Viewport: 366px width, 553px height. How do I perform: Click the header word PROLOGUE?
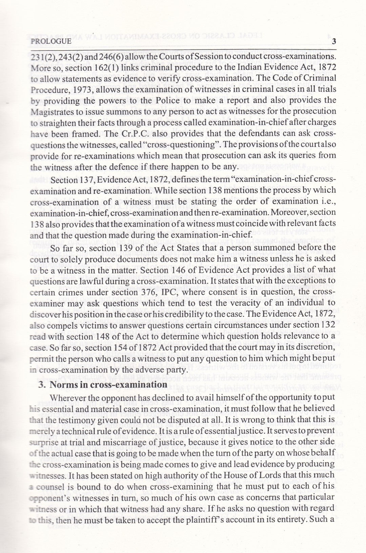tap(51, 42)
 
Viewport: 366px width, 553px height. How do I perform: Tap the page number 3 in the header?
tap(333, 42)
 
